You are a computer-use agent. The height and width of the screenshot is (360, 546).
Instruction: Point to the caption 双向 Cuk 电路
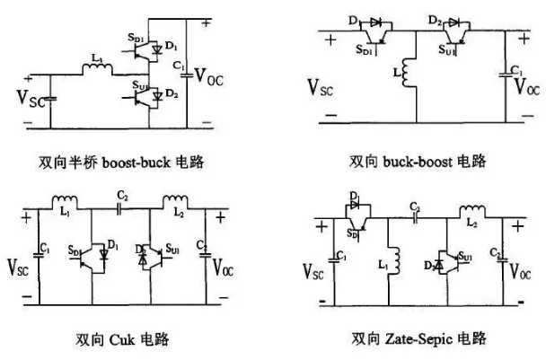pos(125,339)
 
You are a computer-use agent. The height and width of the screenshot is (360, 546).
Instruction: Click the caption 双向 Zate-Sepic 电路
pos(418,339)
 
